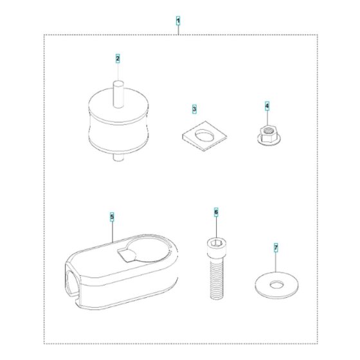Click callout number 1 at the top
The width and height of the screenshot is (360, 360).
(x=178, y=21)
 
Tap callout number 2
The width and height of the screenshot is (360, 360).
(x=118, y=59)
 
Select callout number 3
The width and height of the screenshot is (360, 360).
(x=194, y=109)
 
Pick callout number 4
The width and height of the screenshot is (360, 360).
(x=267, y=106)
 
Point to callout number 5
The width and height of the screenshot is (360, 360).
(x=112, y=217)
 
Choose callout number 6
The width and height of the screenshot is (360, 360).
(x=216, y=212)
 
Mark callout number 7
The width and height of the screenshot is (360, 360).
(x=276, y=248)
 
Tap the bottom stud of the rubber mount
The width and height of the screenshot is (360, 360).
(x=118, y=157)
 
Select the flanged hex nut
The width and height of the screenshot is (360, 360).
(x=269, y=136)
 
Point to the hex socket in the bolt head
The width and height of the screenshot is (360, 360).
(x=216, y=243)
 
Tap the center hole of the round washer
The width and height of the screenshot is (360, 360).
(x=276, y=285)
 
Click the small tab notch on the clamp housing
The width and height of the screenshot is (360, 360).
(x=126, y=255)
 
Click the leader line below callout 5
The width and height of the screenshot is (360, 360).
(x=112, y=231)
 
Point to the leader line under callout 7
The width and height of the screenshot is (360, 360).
(x=276, y=262)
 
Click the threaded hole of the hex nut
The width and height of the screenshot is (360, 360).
(x=267, y=131)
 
